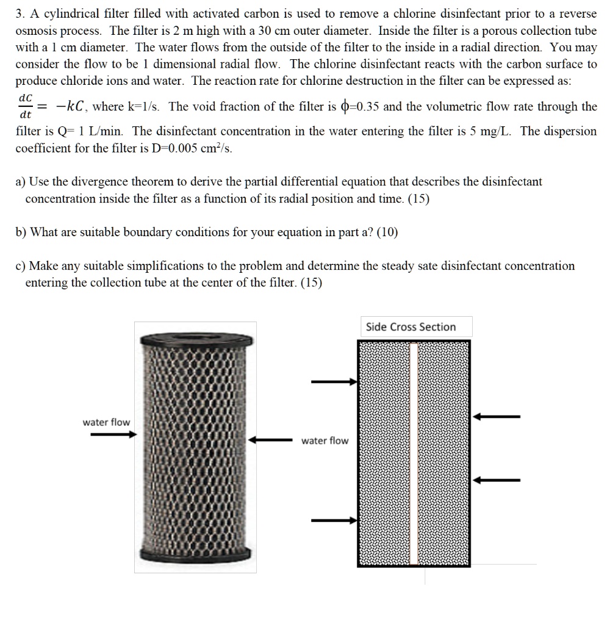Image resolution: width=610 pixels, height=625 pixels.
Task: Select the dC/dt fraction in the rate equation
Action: [26, 106]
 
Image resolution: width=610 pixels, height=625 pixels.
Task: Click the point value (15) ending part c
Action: [311, 283]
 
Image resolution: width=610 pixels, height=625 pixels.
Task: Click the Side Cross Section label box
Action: [411, 327]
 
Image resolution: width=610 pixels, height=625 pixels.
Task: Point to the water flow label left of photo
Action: [106, 422]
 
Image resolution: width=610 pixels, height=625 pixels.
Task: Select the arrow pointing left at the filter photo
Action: [274, 439]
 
